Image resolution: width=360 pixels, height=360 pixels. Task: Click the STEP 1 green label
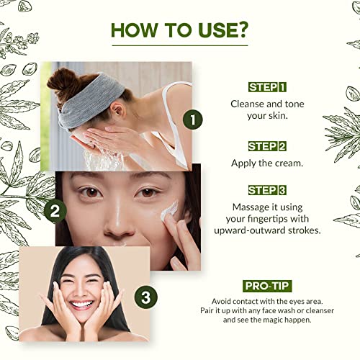coord(266,87)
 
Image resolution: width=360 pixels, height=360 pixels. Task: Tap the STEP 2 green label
coord(266,146)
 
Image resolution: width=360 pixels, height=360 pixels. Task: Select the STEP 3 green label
coord(266,190)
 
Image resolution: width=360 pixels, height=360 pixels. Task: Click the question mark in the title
coord(243,30)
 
